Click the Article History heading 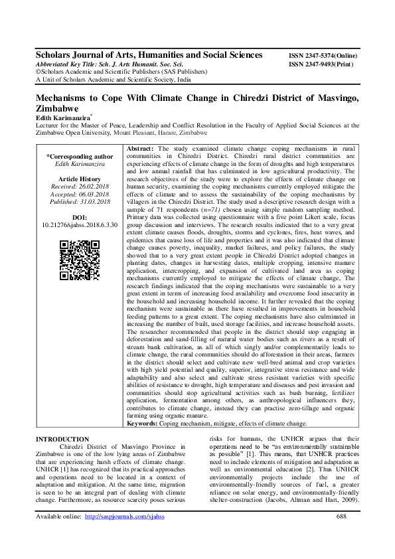click(80, 180)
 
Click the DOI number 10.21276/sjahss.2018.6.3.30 click(80, 225)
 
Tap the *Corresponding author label click(80, 157)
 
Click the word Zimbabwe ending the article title click(57, 108)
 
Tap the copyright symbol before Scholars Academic click(38, 72)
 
